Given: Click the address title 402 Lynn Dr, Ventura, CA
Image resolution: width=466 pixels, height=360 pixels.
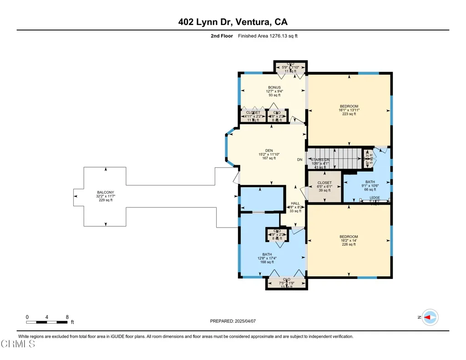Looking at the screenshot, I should pyautogui.click(x=233, y=22).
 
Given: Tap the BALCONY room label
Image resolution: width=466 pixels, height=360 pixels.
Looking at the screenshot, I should pyautogui.click(x=105, y=192).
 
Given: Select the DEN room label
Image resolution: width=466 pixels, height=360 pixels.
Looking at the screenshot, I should pyautogui.click(x=269, y=151).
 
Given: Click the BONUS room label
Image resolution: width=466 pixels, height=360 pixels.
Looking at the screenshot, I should pyautogui.click(x=274, y=87).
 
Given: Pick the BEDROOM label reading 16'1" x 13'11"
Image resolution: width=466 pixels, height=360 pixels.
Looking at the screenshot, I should pyautogui.click(x=349, y=106).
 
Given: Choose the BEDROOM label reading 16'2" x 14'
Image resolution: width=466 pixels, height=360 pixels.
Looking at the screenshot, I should pyautogui.click(x=349, y=237).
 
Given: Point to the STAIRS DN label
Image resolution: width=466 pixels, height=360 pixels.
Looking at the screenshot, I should pyautogui.click(x=320, y=160).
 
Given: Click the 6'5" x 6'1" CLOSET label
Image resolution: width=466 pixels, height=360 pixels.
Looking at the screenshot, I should pyautogui.click(x=324, y=183).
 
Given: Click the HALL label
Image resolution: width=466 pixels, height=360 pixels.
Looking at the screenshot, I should pyautogui.click(x=295, y=203).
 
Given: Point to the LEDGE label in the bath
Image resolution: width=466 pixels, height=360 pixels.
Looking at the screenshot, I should pyautogui.click(x=375, y=198).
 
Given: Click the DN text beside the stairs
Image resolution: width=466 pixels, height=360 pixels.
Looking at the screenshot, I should pyautogui.click(x=299, y=160).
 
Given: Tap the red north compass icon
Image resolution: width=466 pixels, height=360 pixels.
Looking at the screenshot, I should pyautogui.click(x=429, y=317).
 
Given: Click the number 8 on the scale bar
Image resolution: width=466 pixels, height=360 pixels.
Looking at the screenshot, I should pyautogui.click(x=67, y=317).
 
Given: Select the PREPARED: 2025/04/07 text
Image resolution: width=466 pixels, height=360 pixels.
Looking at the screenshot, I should pyautogui.click(x=233, y=321).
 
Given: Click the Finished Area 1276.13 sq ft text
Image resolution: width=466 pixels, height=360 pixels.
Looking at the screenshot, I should pyautogui.click(x=268, y=36).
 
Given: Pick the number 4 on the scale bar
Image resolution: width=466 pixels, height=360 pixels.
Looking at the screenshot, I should pyautogui.click(x=47, y=317).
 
